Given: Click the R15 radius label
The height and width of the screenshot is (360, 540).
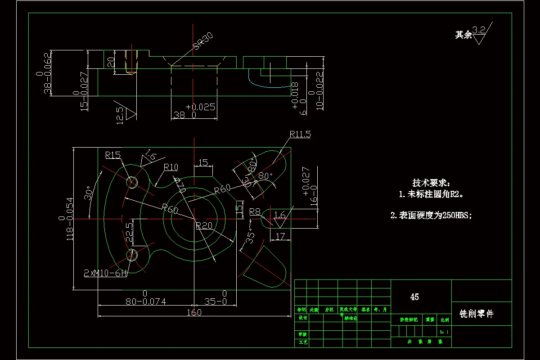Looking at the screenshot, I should [x=113, y=155].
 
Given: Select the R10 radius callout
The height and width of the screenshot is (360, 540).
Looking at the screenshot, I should [x=171, y=167].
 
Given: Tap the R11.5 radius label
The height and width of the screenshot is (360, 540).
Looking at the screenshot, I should [x=300, y=134].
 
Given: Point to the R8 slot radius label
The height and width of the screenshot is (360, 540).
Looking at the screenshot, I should [x=255, y=211].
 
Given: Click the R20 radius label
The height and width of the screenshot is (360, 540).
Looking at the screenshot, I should [x=204, y=226].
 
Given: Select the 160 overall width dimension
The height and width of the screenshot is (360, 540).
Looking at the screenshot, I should [x=193, y=313].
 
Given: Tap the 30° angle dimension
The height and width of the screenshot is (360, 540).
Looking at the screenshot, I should [x=89, y=193].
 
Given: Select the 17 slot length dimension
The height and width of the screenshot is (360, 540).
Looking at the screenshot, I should [x=280, y=236].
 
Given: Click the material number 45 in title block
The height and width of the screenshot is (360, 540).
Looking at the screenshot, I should [x=414, y=297].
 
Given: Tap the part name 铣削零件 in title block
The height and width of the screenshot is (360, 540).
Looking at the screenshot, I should [x=477, y=314].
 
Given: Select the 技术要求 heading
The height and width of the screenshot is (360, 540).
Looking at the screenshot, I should [x=431, y=183].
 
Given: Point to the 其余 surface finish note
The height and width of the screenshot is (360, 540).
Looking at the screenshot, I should [x=463, y=35].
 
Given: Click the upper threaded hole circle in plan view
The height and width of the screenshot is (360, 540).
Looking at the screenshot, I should [x=132, y=182].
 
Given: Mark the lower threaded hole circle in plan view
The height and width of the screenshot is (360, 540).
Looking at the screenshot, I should [x=132, y=255].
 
